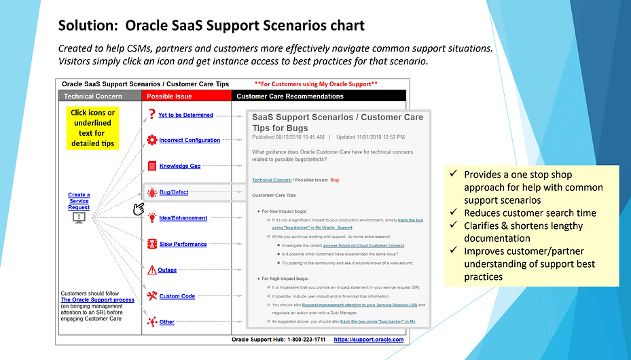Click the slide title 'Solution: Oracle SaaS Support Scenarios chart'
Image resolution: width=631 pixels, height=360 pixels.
(211, 26)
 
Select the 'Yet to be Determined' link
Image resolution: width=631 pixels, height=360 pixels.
(185, 115)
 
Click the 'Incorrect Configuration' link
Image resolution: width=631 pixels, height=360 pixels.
(190, 141)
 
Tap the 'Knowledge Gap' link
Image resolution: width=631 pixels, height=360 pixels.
(180, 166)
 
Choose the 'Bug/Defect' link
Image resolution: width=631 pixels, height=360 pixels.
(174, 192)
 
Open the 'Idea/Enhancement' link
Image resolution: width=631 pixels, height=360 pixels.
(183, 218)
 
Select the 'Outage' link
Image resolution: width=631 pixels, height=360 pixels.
(167, 270)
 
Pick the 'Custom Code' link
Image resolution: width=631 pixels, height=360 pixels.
(177, 296)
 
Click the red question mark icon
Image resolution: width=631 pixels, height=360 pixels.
(151, 115)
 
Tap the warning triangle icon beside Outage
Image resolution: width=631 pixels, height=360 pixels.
(152, 270)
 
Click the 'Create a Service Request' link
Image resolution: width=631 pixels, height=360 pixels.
(79, 201)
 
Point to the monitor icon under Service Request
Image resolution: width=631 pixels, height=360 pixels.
(79, 217)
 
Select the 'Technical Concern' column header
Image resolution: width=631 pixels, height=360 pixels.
(93, 96)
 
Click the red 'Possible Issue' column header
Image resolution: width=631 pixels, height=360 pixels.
(170, 96)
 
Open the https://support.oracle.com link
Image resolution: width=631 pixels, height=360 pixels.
(369, 340)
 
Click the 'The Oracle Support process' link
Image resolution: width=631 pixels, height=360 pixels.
(97, 300)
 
